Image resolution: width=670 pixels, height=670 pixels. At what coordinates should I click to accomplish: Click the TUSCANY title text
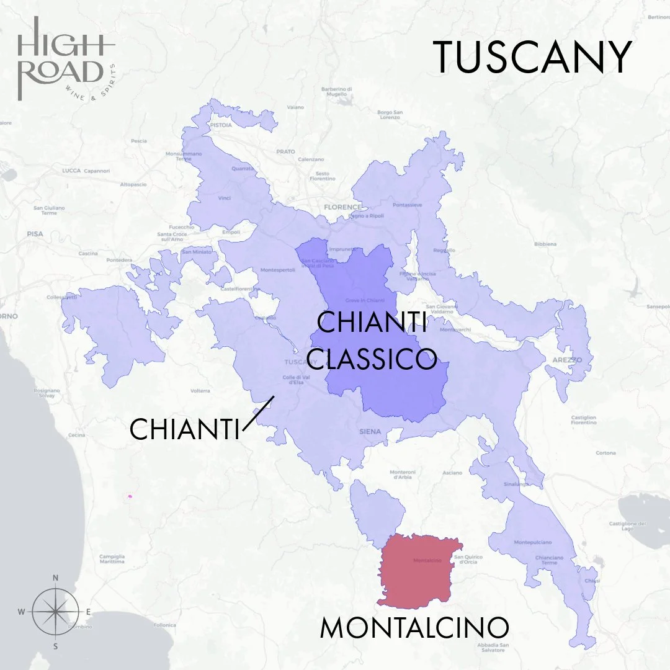[x=532, y=58]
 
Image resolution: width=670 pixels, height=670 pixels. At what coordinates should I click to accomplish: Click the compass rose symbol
[x=55, y=612]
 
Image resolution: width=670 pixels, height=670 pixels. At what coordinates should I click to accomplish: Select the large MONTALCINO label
[x=414, y=628]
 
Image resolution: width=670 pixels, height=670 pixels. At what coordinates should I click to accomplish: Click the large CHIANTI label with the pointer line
[x=184, y=429]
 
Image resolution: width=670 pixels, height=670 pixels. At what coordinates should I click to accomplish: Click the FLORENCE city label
[x=342, y=207]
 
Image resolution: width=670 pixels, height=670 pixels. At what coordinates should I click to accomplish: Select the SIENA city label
[x=370, y=431]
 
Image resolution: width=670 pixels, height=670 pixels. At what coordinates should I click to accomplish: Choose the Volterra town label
[x=200, y=391]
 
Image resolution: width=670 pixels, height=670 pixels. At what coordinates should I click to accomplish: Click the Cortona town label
[x=605, y=453]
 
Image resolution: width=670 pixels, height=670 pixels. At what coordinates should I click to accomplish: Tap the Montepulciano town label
[x=532, y=542]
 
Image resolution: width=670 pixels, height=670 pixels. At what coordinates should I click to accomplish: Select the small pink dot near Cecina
[x=130, y=496]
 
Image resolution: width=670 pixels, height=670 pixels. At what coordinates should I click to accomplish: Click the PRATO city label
[x=286, y=151]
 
